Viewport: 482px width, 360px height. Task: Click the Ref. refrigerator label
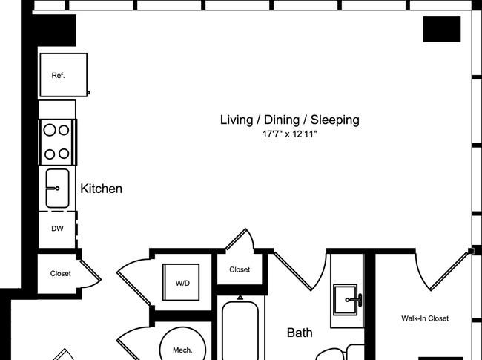[58, 76]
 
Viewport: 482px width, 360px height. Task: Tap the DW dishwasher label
[58, 229]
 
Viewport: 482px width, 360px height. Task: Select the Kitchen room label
[101, 189]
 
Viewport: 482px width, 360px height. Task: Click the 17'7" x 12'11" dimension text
[289, 134]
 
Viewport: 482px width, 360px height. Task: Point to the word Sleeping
[334, 120]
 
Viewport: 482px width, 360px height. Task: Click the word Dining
[282, 120]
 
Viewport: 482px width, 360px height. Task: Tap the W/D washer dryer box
[181, 282]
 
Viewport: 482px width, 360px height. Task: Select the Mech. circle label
[182, 350]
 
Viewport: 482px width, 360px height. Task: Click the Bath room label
[300, 333]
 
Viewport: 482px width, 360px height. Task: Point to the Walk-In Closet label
[425, 318]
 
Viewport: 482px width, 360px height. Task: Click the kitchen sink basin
[58, 188]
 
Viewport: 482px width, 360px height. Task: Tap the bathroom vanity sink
[346, 300]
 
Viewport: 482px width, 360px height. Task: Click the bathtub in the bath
[240, 331]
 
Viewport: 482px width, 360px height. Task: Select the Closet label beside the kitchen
[61, 273]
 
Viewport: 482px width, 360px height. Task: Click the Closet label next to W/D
[240, 269]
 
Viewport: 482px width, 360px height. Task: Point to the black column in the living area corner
[442, 29]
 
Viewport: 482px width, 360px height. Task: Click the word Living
[237, 120]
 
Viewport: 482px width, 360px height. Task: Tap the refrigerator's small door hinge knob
[88, 92]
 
